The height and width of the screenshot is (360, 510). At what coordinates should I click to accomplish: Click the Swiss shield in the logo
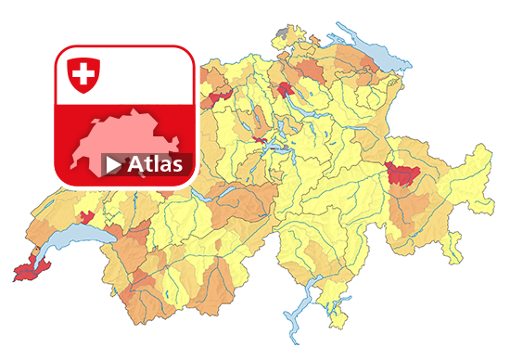[x=83, y=74]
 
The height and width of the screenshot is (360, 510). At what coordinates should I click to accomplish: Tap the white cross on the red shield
[x=83, y=72]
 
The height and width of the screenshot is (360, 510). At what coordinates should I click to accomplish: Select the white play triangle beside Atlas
[x=113, y=165]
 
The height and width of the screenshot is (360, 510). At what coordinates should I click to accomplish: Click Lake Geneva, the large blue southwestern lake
[x=79, y=245]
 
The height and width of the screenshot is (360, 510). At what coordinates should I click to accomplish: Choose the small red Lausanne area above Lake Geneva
[x=87, y=219]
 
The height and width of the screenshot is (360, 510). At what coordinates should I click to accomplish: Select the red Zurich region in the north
[x=285, y=89]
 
